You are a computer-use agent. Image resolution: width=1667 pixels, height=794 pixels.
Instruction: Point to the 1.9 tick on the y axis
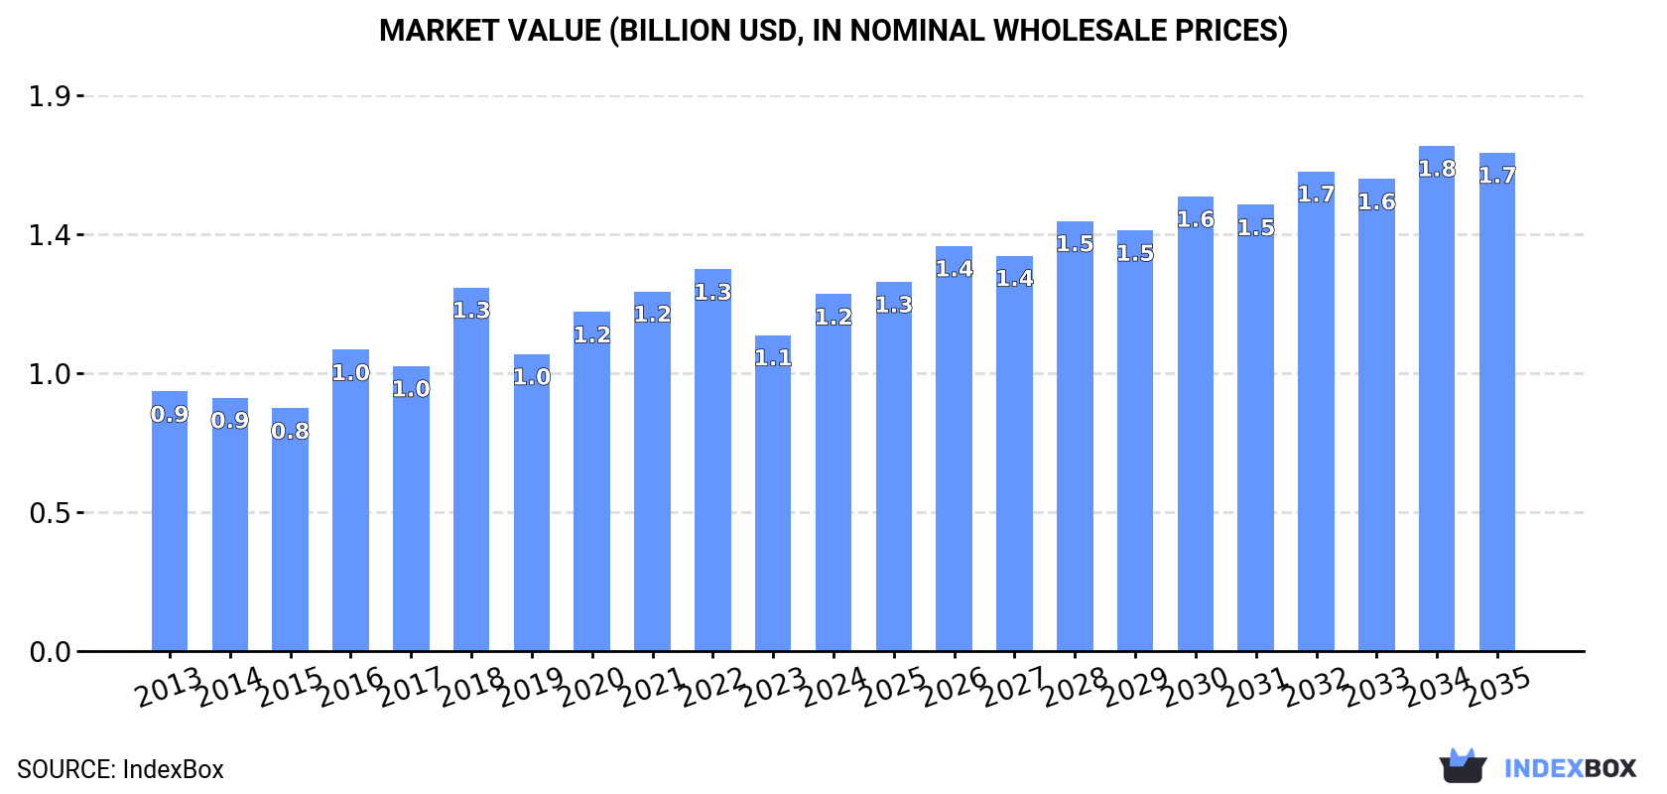coord(50,96)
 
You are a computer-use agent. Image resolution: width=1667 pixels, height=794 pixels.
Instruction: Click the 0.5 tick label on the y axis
coord(50,513)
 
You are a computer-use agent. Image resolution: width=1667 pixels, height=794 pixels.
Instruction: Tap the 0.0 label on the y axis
coord(50,652)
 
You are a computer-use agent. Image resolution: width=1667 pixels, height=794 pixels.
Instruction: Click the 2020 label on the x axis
coord(591,687)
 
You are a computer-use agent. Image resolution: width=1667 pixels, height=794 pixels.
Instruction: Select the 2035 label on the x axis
coord(1497,687)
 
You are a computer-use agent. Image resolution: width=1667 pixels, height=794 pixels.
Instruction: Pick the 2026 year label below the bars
coord(954,687)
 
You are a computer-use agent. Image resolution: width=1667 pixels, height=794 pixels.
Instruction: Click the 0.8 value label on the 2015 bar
coord(290,431)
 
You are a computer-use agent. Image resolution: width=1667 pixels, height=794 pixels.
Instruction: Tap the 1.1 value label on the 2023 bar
coord(773,357)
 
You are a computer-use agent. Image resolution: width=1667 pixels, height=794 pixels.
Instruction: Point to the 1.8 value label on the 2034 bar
coord(1437,169)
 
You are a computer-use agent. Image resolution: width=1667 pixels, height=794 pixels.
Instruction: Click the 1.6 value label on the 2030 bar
coord(1196,219)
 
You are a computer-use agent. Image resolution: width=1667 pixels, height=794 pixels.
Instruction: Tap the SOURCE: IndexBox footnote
coord(120,769)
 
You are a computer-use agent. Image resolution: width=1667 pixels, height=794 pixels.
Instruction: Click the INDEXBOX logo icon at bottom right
coord(1463,766)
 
